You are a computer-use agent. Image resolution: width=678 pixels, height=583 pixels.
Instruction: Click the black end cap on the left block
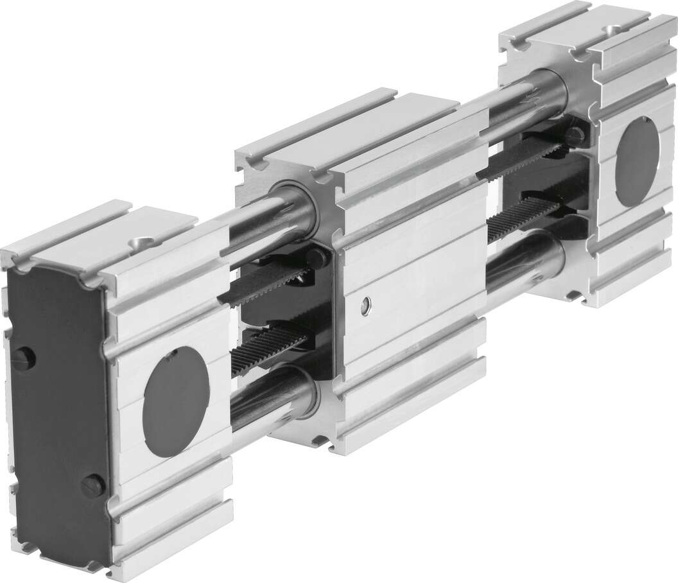point(58,411)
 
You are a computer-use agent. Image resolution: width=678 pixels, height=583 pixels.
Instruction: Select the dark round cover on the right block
point(637,158)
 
